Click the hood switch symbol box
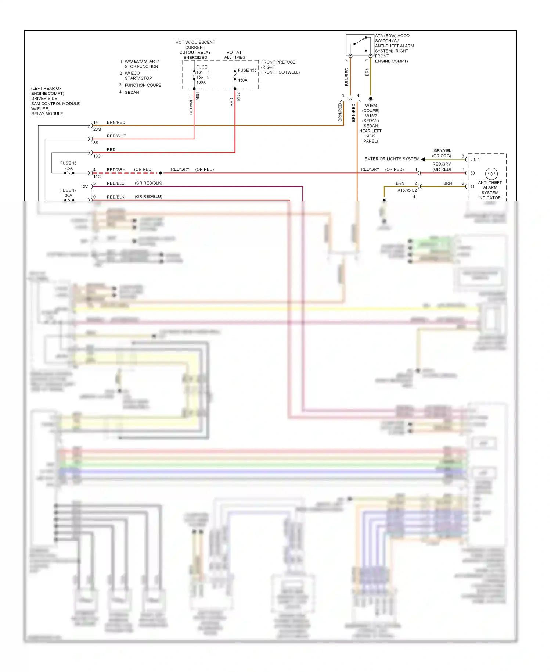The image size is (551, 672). pyautogui.click(x=360, y=45)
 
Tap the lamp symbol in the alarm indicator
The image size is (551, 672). pyautogui.click(x=491, y=173)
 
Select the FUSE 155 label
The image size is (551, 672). pyautogui.click(x=247, y=70)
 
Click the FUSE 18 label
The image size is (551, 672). pyautogui.click(x=68, y=163)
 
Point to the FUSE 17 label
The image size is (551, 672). pyautogui.click(x=68, y=190)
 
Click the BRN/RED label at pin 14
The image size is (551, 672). pyautogui.click(x=116, y=122)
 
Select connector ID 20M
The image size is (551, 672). pyautogui.click(x=97, y=129)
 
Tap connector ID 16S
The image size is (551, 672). pyautogui.click(x=97, y=156)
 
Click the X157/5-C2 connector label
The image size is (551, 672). pyautogui.click(x=407, y=190)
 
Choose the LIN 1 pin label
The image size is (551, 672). pyautogui.click(x=475, y=160)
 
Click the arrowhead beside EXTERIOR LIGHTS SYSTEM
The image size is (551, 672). pyautogui.click(x=423, y=159)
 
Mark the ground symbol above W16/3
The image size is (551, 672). pyautogui.click(x=370, y=99)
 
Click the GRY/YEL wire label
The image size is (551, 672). pyautogui.click(x=442, y=151)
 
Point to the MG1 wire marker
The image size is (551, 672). pyautogui.click(x=198, y=96)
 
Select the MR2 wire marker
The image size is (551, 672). pyautogui.click(x=238, y=96)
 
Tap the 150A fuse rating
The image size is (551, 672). pyautogui.click(x=242, y=80)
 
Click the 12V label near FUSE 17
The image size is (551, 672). pyautogui.click(x=84, y=187)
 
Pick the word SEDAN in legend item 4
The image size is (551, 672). pyautogui.click(x=132, y=93)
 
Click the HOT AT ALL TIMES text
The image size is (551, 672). pyautogui.click(x=234, y=55)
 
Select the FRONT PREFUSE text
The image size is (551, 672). pyautogui.click(x=278, y=62)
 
